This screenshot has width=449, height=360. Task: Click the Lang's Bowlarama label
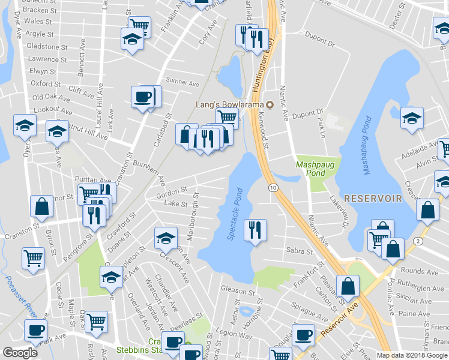(x=231, y=104)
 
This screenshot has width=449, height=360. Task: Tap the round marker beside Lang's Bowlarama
(x=270, y=104)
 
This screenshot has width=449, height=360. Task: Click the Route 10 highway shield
(x=273, y=188)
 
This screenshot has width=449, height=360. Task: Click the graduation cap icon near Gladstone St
(x=131, y=39)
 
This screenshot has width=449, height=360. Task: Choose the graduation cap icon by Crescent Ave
(x=166, y=238)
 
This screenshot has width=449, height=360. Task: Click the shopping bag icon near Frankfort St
(x=348, y=286)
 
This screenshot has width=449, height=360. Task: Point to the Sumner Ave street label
(x=182, y=82)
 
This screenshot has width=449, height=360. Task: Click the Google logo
(x=20, y=353)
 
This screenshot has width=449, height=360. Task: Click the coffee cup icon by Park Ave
(x=35, y=329)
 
